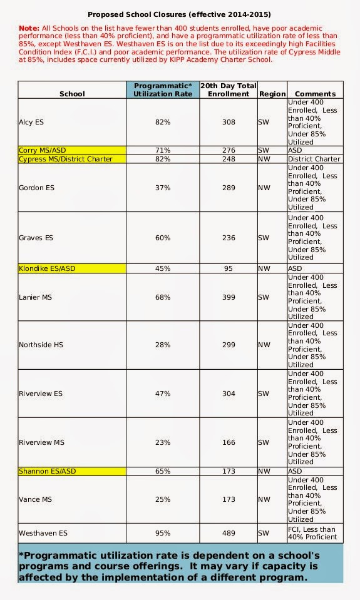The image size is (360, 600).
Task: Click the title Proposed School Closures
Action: pos(179,14)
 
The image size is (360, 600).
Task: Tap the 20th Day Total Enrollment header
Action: pos(228,89)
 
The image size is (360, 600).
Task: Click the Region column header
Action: pos(271,94)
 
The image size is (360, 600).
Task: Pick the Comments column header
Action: pos(315,94)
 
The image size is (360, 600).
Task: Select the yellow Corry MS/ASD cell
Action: pos(72,151)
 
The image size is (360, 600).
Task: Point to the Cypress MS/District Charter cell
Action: pos(72,159)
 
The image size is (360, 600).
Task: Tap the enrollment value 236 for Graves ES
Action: pos(228,238)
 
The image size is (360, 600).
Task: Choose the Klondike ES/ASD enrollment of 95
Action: pos(228,268)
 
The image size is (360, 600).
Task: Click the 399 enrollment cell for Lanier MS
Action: pos(228,297)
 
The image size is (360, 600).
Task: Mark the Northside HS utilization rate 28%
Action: pos(163,345)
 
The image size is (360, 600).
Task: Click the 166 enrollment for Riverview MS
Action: pos(228,442)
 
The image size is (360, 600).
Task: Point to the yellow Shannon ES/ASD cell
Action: pos(72,470)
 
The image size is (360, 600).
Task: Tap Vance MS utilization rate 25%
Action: pos(163,499)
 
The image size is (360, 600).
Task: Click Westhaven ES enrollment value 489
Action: pos(228,533)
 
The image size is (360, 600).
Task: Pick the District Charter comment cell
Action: pos(315,159)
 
